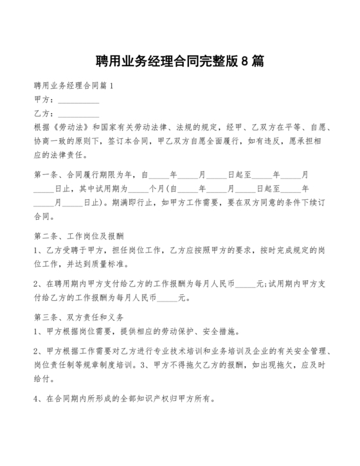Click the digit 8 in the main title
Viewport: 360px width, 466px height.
(246, 62)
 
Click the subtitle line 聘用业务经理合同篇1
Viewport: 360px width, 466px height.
(73, 85)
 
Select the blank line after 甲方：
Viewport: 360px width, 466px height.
(79, 100)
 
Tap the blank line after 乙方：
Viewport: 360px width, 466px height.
(79, 114)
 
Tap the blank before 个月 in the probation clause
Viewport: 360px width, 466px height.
(138, 190)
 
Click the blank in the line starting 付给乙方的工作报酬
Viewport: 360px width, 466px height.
(168, 298)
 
